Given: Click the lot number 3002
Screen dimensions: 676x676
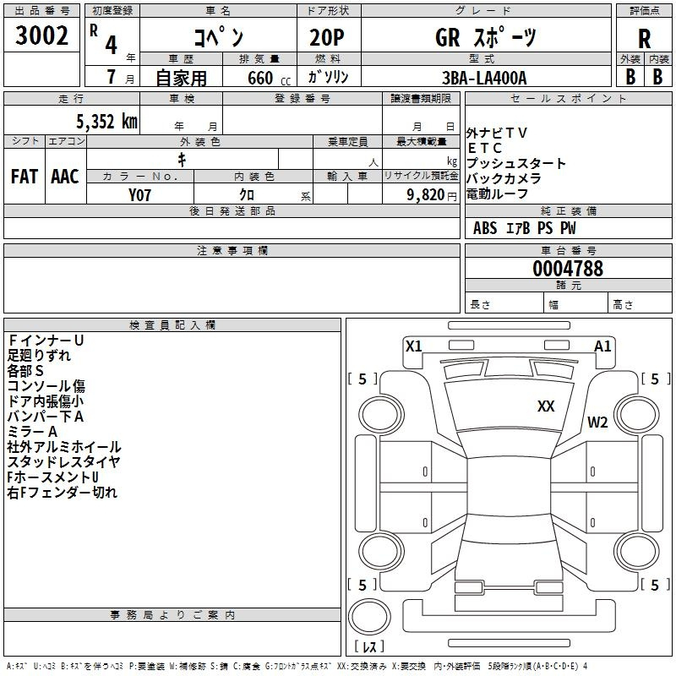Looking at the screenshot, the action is click(41, 35).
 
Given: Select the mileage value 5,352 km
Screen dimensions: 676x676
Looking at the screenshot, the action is click(106, 122).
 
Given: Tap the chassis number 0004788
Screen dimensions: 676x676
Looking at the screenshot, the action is click(568, 269).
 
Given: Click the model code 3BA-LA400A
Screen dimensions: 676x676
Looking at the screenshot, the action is click(484, 78).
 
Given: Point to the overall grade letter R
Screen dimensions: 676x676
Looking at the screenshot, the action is click(644, 39).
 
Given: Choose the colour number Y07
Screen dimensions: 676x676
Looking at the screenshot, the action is click(139, 195).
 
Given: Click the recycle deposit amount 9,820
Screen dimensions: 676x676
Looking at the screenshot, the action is click(426, 195).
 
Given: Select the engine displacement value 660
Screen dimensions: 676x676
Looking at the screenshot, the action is click(260, 78).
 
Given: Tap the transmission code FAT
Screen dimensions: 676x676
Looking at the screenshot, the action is click(25, 177).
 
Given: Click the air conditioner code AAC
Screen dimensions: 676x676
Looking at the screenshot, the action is click(65, 177).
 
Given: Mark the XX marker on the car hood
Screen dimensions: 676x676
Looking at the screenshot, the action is click(546, 406).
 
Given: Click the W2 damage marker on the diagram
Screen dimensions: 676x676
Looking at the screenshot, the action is click(597, 422).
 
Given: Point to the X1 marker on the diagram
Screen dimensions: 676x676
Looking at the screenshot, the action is click(413, 346).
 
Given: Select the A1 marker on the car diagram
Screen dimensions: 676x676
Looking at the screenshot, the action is click(602, 346).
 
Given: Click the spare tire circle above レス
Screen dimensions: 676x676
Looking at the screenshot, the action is click(369, 617).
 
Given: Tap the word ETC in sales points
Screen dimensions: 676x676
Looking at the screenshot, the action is click(485, 148).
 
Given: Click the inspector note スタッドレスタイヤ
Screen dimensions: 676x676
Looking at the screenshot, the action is click(63, 461).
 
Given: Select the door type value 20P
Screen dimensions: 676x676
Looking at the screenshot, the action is click(327, 38).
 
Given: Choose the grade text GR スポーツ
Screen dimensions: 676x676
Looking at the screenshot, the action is click(486, 37).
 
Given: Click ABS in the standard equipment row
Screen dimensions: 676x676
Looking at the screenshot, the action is click(485, 228).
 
